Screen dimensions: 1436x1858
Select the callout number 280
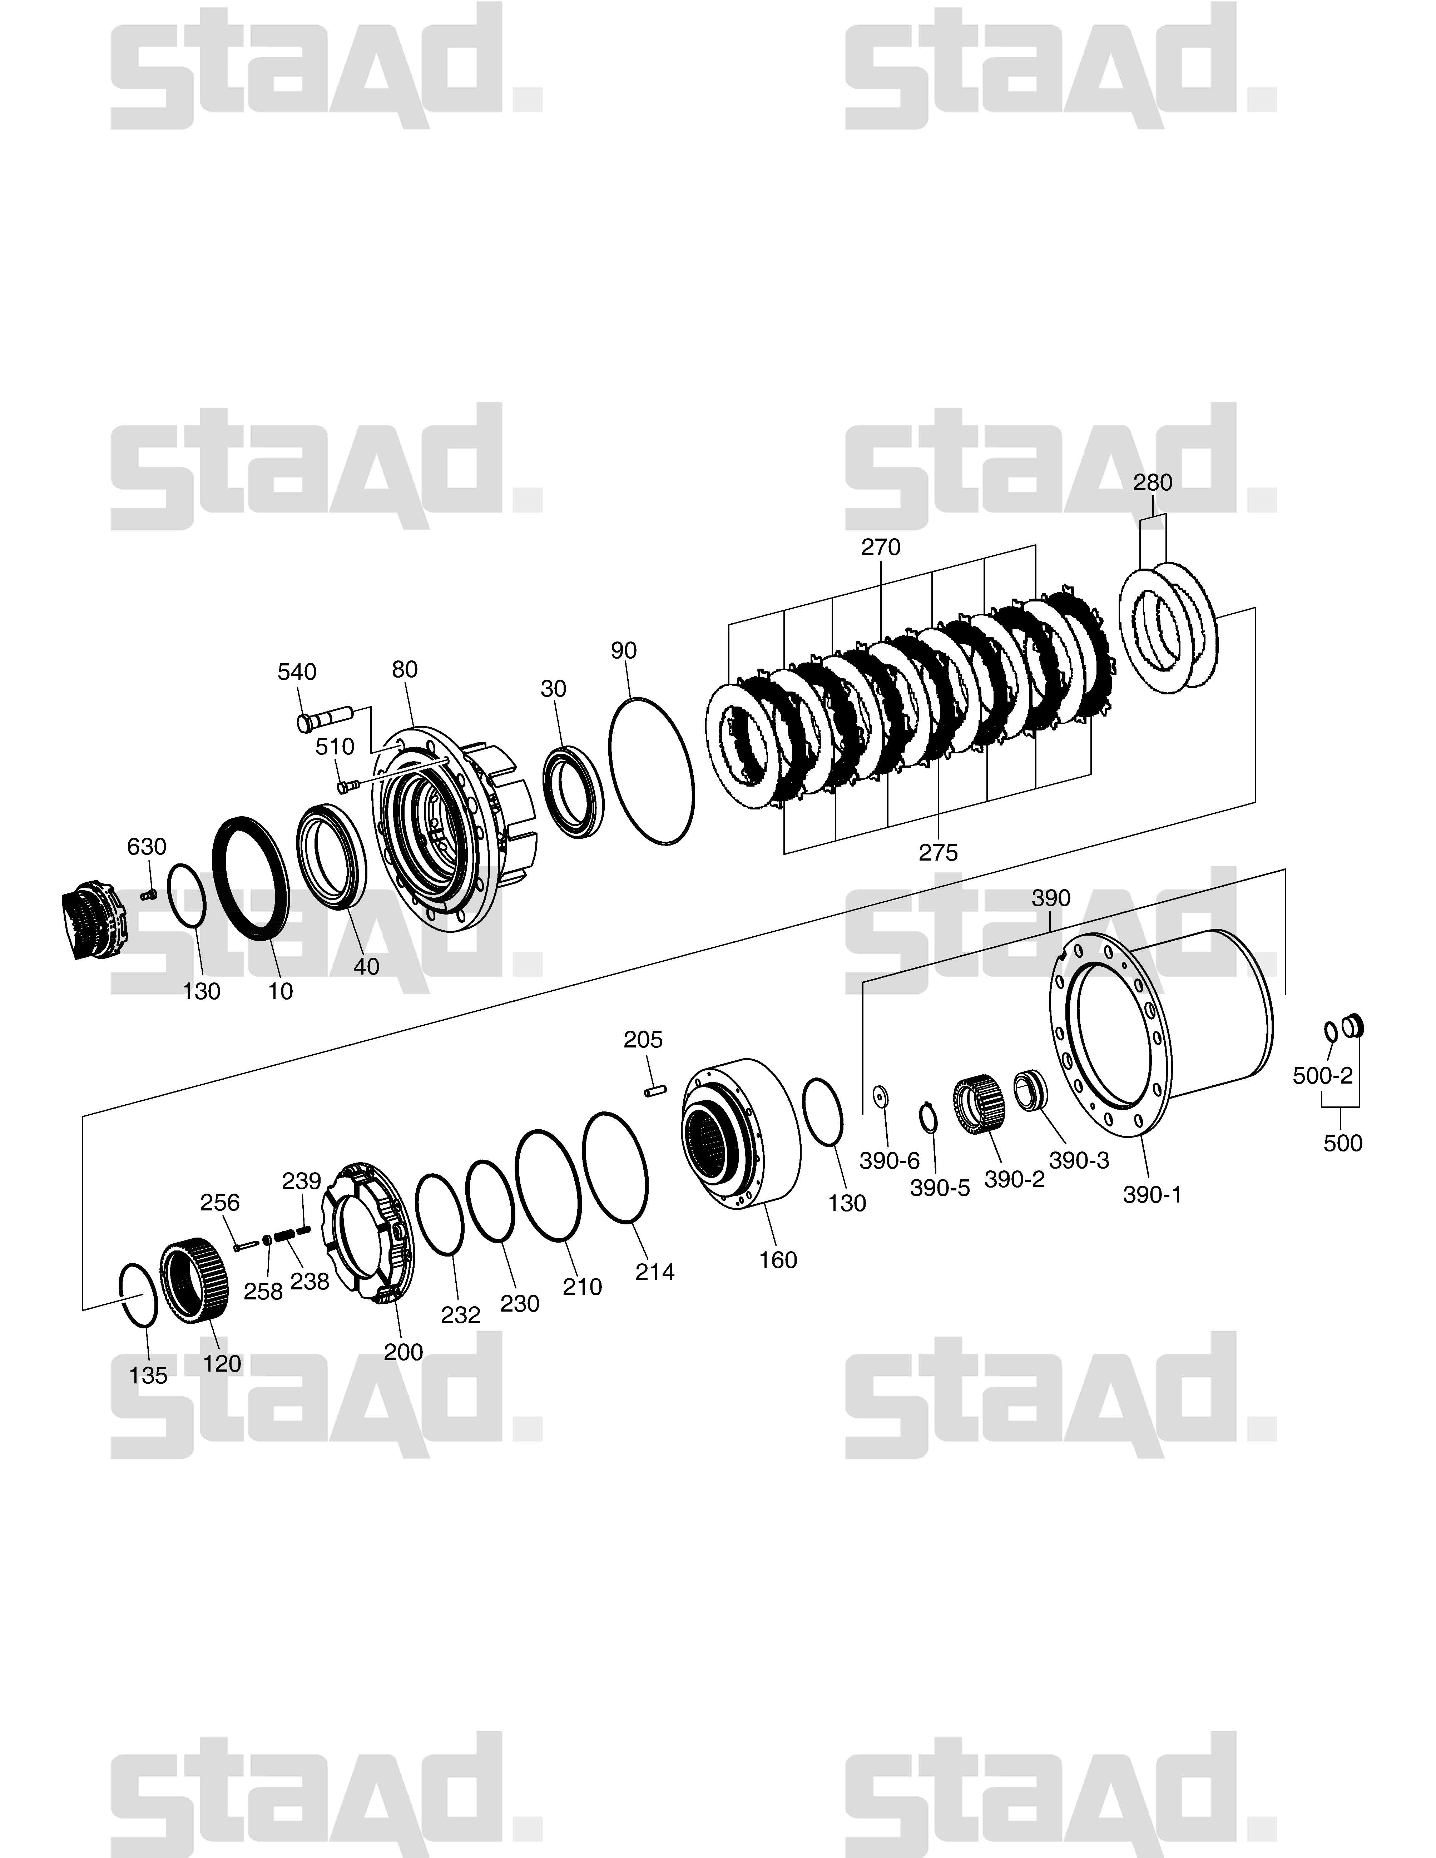(x=1153, y=482)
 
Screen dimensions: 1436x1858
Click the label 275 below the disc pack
(x=939, y=852)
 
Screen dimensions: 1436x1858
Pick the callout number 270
(x=881, y=547)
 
